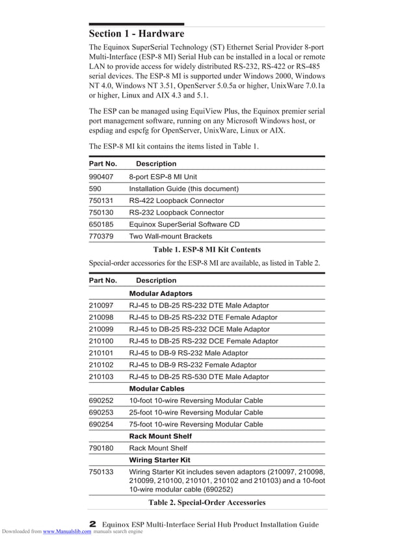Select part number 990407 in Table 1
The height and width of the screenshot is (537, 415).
click(x=101, y=177)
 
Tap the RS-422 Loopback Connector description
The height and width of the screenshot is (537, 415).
click(x=176, y=201)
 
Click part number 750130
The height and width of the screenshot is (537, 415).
click(x=101, y=213)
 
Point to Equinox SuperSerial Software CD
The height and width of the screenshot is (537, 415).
click(x=184, y=224)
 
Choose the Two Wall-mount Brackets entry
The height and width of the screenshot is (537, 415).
click(x=170, y=237)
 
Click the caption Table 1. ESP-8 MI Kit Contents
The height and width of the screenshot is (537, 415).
click(x=207, y=250)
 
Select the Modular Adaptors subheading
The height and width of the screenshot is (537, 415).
click(x=161, y=294)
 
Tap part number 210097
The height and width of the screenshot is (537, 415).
click(x=101, y=306)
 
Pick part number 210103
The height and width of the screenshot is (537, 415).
click(x=101, y=377)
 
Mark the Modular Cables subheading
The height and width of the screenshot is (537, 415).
click(x=157, y=389)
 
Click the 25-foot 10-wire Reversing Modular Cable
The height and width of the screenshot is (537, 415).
click(x=196, y=413)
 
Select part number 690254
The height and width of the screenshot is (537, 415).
click(x=101, y=425)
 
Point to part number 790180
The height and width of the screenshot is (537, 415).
click(x=101, y=448)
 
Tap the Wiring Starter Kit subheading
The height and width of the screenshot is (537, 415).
click(x=159, y=460)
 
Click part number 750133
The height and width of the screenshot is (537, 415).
click(x=101, y=471)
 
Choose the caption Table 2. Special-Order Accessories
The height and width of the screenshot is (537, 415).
click(x=207, y=503)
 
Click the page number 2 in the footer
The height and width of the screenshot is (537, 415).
click(x=92, y=523)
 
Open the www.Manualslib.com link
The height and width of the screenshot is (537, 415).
click(x=67, y=532)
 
